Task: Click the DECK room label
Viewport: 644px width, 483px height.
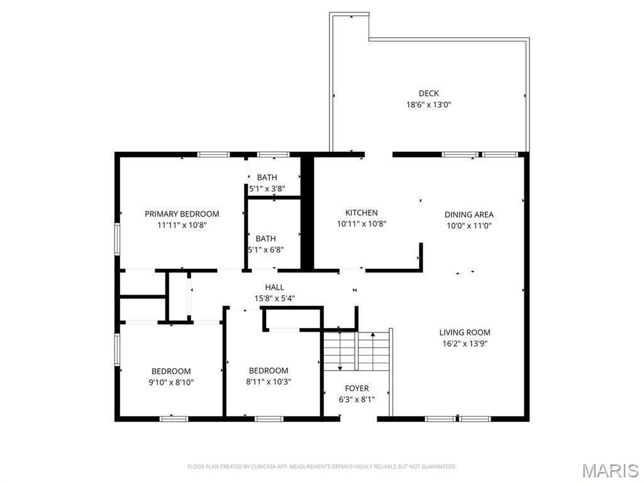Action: (x=428, y=94)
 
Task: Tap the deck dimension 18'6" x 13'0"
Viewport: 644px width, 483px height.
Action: (x=428, y=105)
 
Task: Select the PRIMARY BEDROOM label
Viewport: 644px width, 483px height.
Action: (x=182, y=214)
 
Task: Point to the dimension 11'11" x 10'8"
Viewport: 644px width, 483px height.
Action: (x=182, y=225)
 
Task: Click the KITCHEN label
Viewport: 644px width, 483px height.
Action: (x=361, y=213)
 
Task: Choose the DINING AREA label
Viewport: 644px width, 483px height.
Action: (x=469, y=215)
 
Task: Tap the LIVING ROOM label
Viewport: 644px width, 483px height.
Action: (x=464, y=332)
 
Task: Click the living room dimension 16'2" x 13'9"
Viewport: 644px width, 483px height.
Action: (x=464, y=344)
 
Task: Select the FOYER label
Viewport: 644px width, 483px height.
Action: (x=357, y=389)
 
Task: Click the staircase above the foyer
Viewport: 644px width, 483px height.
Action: (x=356, y=350)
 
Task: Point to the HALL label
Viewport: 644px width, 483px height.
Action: (x=274, y=287)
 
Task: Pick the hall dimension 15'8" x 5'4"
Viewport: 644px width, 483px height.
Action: (x=274, y=298)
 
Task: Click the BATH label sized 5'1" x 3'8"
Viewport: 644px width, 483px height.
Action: (x=267, y=178)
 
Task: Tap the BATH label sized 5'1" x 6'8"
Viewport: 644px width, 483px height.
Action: (x=265, y=239)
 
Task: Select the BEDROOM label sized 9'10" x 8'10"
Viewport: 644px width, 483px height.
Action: (x=170, y=371)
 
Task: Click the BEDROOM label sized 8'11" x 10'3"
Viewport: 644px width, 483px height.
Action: (x=269, y=370)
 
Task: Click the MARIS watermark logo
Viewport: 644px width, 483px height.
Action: (x=609, y=470)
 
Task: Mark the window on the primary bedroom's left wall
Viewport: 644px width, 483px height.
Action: (x=116, y=239)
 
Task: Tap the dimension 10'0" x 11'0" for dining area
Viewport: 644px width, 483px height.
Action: (x=469, y=225)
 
